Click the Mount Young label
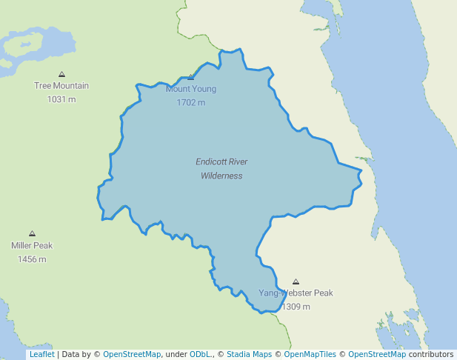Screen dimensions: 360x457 (191, 89)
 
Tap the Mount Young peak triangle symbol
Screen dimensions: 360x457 (191, 77)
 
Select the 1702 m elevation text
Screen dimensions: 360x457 (191, 102)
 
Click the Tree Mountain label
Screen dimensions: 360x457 (61, 85)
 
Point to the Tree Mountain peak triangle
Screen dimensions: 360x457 (61, 74)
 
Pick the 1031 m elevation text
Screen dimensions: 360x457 (61, 99)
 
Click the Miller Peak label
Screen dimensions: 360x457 (32, 245)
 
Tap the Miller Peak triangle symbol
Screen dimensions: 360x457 (32, 233)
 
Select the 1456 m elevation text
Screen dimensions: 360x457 (32, 259)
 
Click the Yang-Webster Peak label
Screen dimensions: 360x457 (296, 293)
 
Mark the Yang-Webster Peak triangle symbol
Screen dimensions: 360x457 (296, 282)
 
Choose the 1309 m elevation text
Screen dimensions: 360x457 (296, 306)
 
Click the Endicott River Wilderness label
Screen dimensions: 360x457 (221, 168)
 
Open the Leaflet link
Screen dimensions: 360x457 (41, 354)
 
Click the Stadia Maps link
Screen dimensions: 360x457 (249, 354)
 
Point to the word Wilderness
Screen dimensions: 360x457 (221, 176)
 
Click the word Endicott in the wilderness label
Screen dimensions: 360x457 (211, 161)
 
